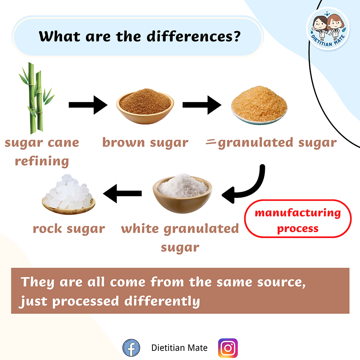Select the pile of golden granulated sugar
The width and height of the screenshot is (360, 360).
[x=259, y=107]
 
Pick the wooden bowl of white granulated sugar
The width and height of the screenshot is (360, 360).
[x=182, y=193]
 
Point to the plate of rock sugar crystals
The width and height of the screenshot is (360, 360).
[x=68, y=195]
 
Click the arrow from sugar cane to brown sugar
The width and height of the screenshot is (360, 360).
[x=87, y=105]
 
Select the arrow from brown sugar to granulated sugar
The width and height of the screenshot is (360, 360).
[x=202, y=105]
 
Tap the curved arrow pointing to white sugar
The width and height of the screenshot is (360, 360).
[x=246, y=187]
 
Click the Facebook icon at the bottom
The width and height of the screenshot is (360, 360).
[x=131, y=348]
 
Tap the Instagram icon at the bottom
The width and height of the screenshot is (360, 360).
[x=228, y=348]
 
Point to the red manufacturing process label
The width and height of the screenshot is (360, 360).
[x=298, y=220]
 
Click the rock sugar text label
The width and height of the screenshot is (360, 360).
[x=69, y=228]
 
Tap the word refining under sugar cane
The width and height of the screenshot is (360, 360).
[x=42, y=161]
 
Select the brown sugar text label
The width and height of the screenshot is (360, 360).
[x=145, y=143]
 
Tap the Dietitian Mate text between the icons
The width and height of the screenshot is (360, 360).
[x=179, y=348]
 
